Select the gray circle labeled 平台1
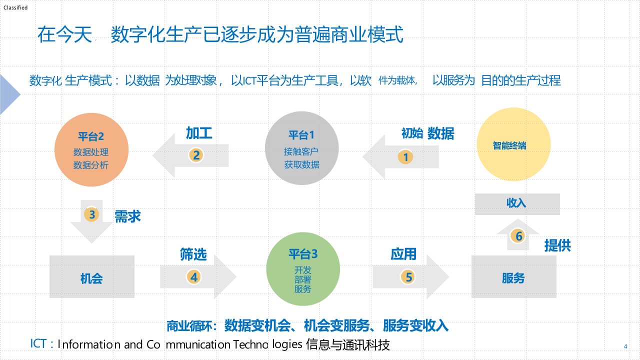click(x=301, y=149)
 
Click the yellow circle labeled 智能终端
click(x=513, y=146)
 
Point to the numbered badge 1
click(x=405, y=157)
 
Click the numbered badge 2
click(x=196, y=155)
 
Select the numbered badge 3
click(x=91, y=215)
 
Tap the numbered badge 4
click(x=193, y=276)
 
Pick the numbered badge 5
click(x=408, y=276)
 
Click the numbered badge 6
click(x=518, y=236)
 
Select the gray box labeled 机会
click(x=91, y=277)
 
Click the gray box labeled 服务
click(x=513, y=277)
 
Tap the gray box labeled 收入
click(x=516, y=203)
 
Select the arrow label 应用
click(x=403, y=254)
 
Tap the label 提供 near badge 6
click(x=557, y=245)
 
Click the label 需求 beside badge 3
click(x=127, y=216)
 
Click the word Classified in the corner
click(x=15, y=7)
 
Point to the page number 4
click(x=625, y=347)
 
